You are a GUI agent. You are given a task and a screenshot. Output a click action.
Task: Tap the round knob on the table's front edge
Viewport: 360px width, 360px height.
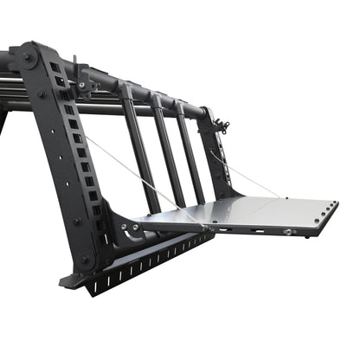[x=287, y=233]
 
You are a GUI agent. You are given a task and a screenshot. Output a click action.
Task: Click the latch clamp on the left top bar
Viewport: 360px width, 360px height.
[x=82, y=79]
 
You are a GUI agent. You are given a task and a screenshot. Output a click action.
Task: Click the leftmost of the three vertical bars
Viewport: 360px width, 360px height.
[x=140, y=147]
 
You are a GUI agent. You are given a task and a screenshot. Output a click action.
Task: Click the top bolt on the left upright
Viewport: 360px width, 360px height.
[x=29, y=58]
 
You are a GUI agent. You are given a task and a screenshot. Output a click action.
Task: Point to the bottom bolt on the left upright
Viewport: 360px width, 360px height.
[x=85, y=259]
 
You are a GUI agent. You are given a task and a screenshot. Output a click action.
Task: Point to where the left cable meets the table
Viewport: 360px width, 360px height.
[x=205, y=228]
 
